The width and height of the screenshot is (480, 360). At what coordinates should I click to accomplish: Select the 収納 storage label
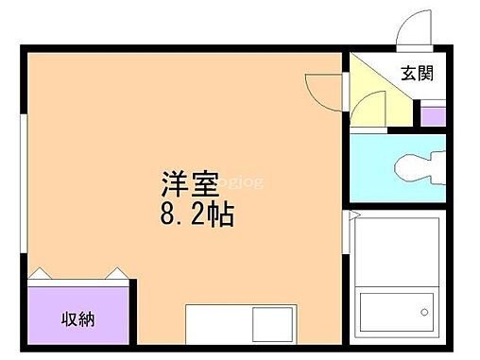[x=78, y=317]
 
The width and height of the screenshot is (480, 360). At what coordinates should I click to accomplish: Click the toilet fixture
[x=416, y=168]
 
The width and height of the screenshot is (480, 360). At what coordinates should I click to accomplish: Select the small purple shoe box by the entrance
[x=433, y=116]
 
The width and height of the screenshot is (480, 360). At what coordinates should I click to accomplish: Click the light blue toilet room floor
[x=373, y=170]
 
